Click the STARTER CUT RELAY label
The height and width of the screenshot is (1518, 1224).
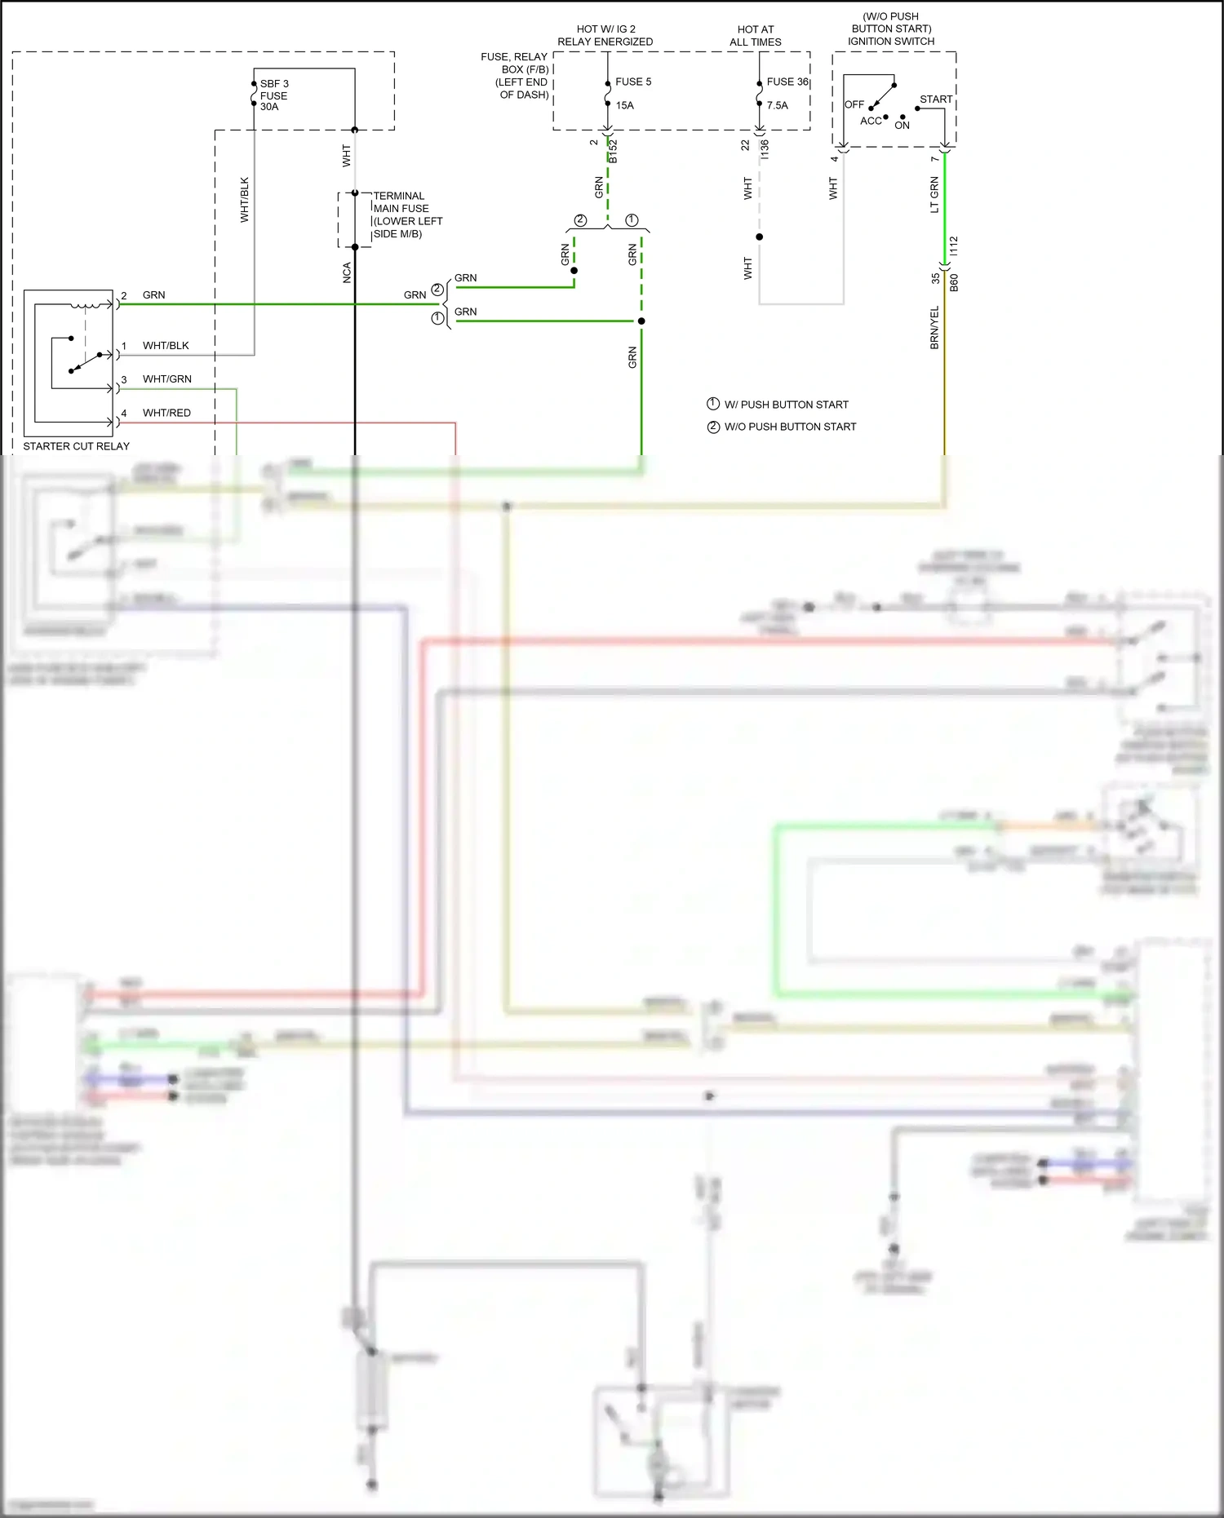(76, 446)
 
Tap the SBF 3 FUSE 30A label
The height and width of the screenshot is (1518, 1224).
(273, 95)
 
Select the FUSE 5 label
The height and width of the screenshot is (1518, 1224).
(633, 82)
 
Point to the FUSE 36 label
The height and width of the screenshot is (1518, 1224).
(787, 82)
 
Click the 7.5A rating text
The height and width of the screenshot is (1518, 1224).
(777, 105)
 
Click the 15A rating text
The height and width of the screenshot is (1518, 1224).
(624, 105)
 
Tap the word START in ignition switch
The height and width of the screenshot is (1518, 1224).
(935, 100)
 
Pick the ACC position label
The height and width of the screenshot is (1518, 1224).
(871, 121)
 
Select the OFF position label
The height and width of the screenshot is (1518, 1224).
(854, 104)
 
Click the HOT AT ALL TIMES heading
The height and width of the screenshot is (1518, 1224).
(755, 36)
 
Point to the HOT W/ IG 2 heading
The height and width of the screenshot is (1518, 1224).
(605, 29)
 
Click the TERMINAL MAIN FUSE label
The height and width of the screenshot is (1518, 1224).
(406, 215)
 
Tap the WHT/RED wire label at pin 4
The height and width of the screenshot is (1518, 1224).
(166, 413)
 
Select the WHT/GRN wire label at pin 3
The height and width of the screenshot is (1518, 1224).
(166, 379)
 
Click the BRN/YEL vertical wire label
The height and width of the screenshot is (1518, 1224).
(934, 328)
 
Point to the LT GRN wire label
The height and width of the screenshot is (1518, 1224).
(934, 195)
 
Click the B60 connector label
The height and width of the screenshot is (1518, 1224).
(954, 283)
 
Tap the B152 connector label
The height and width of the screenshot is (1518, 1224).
(613, 152)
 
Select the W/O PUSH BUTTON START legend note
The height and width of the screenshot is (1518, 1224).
(790, 427)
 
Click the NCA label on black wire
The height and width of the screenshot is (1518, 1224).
(347, 272)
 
